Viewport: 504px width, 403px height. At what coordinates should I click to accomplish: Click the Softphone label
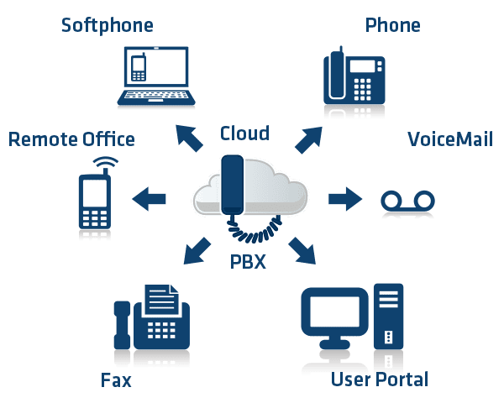[108, 25]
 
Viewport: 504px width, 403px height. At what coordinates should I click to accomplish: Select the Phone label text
[392, 25]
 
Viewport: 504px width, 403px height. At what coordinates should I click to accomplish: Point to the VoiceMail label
[449, 139]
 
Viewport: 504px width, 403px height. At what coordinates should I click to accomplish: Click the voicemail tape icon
[408, 203]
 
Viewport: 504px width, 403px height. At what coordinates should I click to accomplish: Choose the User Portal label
[380, 379]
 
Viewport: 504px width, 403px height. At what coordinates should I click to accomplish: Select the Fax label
[116, 380]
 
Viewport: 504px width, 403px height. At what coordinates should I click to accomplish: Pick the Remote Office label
[71, 139]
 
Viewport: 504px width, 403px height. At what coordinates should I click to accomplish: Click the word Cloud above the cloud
[244, 133]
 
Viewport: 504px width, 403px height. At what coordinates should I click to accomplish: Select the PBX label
[248, 263]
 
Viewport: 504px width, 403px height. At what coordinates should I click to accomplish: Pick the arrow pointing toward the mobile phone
[150, 199]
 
